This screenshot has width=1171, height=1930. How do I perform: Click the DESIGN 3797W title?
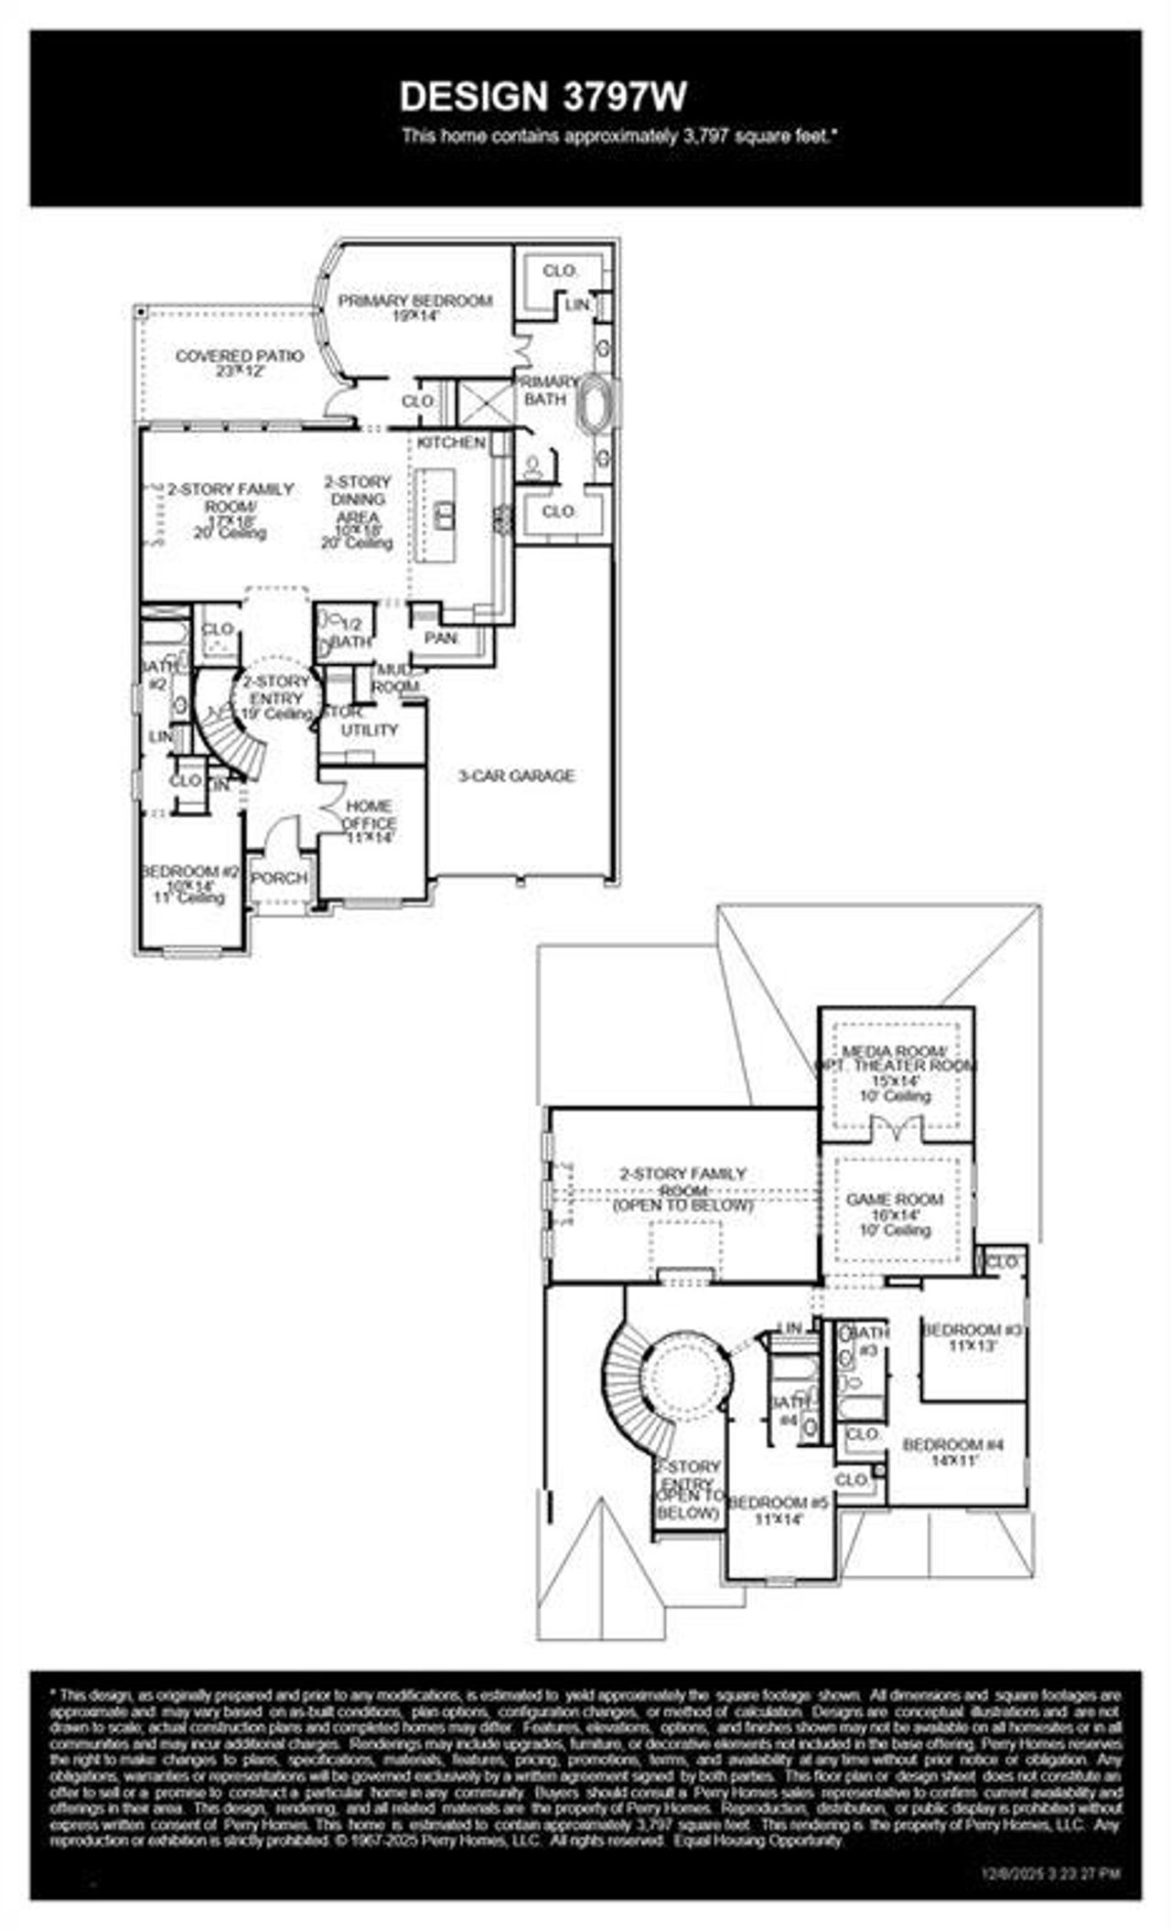tap(543, 96)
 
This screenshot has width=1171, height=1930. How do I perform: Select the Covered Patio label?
tap(239, 362)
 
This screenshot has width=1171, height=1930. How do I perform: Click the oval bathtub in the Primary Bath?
tap(599, 402)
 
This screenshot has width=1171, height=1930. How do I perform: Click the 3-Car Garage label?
tap(516, 776)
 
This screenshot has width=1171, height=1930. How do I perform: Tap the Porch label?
tap(279, 878)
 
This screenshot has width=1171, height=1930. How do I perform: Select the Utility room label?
tap(370, 730)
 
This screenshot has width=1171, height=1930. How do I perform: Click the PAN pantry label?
tap(441, 638)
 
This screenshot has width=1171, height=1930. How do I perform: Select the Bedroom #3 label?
tap(971, 1336)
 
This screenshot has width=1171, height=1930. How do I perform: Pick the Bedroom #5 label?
tap(778, 1510)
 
